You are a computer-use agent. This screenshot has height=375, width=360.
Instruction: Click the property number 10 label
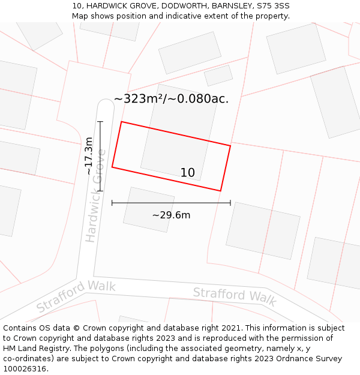(188, 173)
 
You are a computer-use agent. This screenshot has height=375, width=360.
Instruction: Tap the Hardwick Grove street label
(95, 195)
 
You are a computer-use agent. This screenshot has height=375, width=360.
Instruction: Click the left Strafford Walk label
(76, 295)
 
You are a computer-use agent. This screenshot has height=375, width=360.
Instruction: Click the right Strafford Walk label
(235, 296)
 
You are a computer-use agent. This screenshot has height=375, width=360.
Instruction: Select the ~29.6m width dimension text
(171, 215)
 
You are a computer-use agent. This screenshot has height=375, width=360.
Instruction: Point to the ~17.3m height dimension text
(89, 156)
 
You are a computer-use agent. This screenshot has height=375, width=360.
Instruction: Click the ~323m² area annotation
(171, 99)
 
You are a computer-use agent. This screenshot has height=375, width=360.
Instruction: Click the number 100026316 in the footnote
(25, 369)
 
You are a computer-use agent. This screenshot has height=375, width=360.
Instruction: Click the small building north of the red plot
(218, 76)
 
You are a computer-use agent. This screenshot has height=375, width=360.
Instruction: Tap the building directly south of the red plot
(149, 209)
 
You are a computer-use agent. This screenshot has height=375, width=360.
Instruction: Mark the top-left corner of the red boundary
(122, 122)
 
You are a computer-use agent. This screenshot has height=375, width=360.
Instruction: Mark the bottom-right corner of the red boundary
(221, 191)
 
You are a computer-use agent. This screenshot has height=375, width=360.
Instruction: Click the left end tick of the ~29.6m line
(112, 203)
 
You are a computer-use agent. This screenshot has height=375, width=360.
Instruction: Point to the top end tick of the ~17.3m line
(100, 122)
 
